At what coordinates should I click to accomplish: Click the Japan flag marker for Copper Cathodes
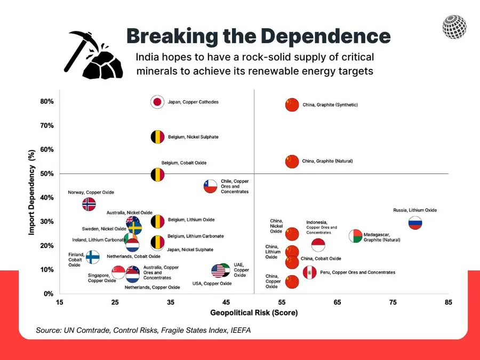coord(157,102)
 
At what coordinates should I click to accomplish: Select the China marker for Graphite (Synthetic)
coord(292,105)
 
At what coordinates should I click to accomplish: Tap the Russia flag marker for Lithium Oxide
coord(415,223)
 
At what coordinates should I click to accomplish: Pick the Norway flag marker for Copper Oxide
coord(89,204)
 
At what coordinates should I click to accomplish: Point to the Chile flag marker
coord(211,186)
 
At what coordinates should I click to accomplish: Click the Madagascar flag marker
coord(356,236)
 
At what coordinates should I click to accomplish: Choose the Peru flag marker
coord(310,273)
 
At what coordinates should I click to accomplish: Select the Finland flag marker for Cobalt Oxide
coord(93,257)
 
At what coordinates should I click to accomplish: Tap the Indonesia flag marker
coord(318,245)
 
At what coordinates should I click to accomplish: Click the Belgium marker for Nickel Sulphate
coord(157,137)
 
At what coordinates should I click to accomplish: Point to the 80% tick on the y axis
coord(46,101)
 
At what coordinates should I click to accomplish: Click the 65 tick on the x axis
coord(337,302)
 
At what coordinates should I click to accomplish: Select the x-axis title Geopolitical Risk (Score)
coord(254,313)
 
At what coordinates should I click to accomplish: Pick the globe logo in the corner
coord(454,27)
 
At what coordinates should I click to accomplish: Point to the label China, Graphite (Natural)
coord(327,161)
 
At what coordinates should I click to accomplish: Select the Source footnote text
coord(143,331)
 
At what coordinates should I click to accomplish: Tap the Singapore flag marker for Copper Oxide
coord(118,273)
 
